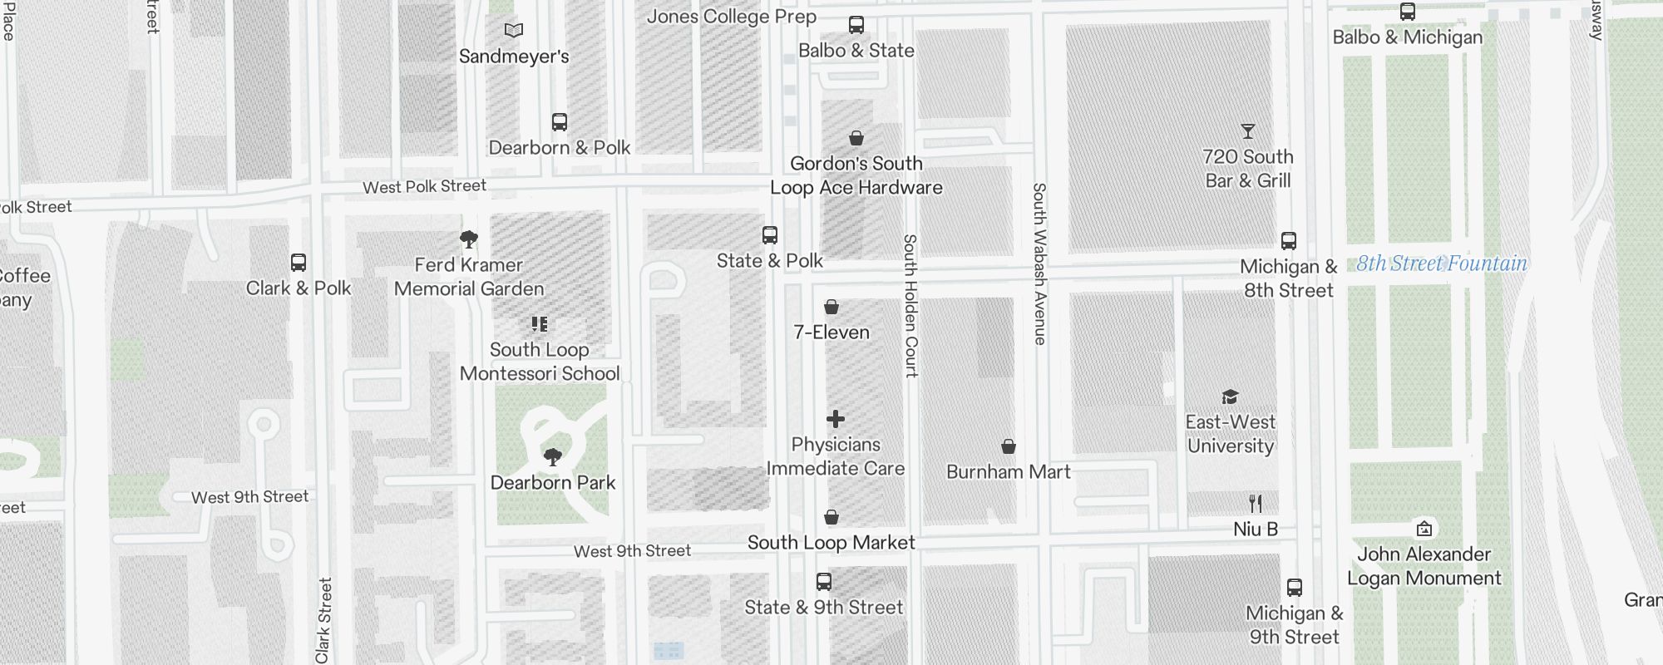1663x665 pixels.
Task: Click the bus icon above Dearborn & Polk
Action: coord(560,122)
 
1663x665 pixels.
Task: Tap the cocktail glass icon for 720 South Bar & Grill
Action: coord(1247,131)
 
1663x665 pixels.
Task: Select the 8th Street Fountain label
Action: coord(1442,264)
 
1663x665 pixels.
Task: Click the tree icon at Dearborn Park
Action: coord(552,457)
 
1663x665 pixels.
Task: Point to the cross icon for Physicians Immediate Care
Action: coord(836,419)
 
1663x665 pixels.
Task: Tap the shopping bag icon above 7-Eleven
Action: coord(831,307)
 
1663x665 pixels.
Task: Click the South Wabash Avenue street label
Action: coord(1039,264)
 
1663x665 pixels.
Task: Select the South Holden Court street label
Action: coord(910,306)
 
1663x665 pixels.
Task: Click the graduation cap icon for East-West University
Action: coord(1230,397)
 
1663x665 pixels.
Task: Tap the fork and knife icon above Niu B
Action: coord(1256,503)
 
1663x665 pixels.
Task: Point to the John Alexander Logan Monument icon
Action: coord(1424,529)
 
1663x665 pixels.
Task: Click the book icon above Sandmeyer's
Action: coord(514,31)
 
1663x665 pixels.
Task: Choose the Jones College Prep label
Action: coord(731,17)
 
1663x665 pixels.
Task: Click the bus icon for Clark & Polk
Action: coord(299,263)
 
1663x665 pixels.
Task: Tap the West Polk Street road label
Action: coord(424,187)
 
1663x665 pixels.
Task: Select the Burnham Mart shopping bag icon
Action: coord(1008,446)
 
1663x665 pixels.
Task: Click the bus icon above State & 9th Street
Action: coord(823,582)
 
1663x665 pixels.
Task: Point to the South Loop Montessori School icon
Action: coord(540,324)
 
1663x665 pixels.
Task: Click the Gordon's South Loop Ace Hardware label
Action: coord(856,175)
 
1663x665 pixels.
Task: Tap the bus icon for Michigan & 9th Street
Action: coord(1294,588)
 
